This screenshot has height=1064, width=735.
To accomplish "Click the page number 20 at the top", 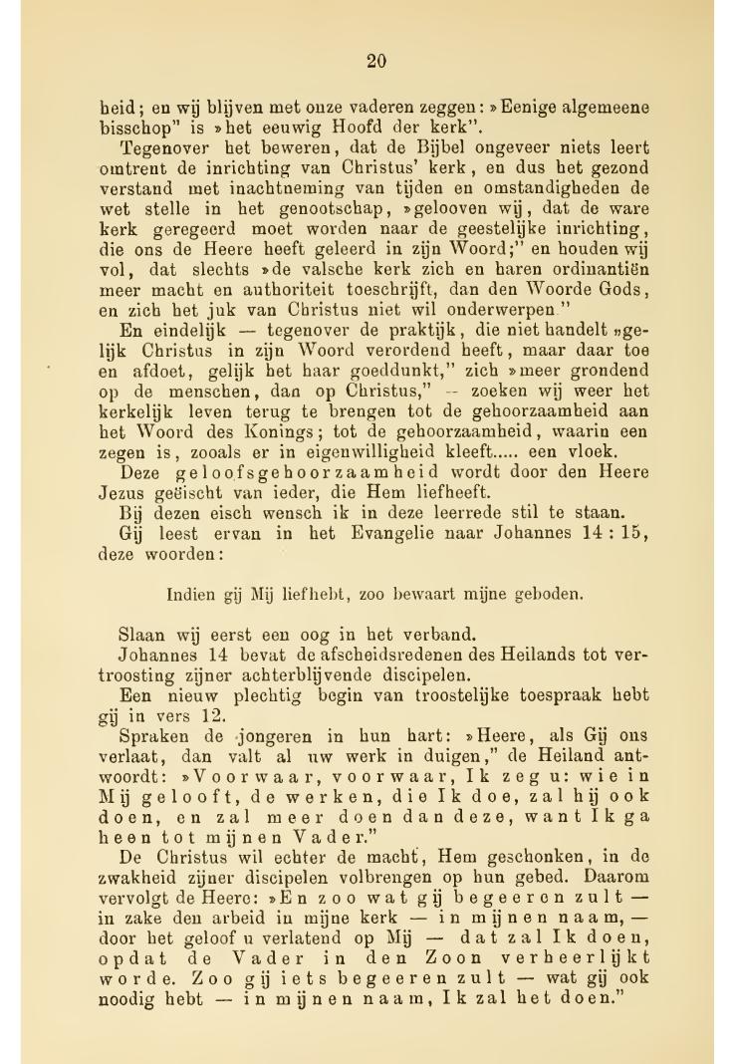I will [x=375, y=62].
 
